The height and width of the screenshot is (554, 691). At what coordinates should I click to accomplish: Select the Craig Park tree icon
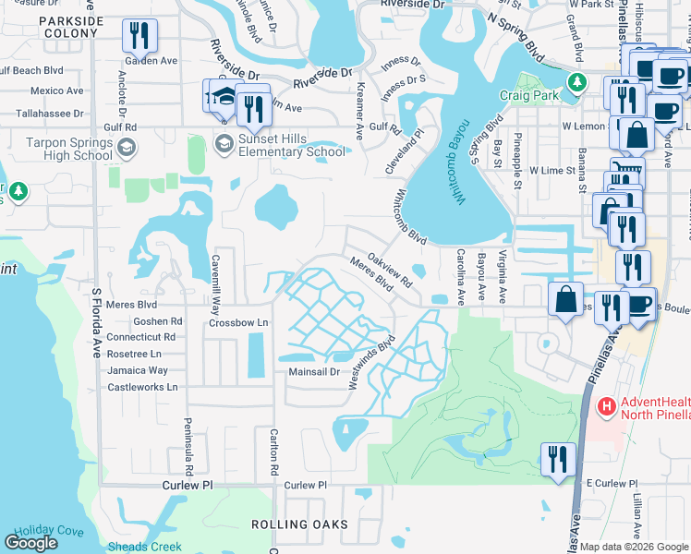click(577, 83)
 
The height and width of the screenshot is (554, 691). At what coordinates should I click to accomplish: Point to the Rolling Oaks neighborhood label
click(300, 524)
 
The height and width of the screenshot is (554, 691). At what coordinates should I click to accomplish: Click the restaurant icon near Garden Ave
click(139, 36)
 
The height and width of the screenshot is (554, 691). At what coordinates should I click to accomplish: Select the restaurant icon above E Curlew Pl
click(558, 458)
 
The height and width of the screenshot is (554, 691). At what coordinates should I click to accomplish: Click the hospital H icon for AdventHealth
click(606, 405)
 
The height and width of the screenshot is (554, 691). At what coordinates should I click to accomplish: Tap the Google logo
click(31, 543)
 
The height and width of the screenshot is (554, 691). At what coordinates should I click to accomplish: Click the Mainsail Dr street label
click(315, 372)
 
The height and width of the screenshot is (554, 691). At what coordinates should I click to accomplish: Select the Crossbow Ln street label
click(237, 323)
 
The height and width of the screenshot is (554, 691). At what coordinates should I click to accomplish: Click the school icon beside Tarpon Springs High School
click(127, 147)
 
